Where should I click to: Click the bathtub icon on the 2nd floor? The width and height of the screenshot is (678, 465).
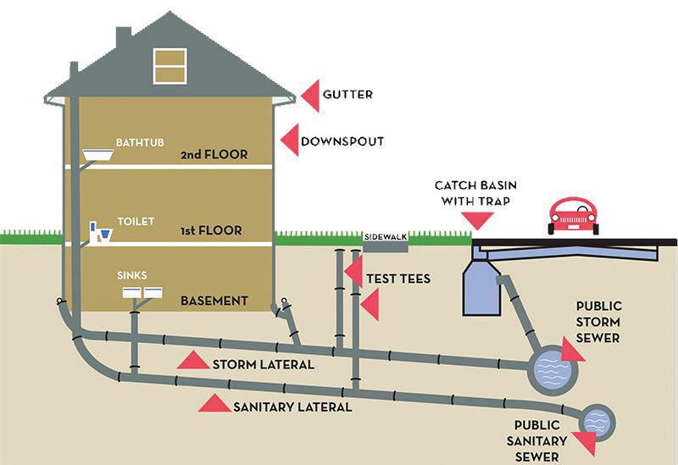[100, 155]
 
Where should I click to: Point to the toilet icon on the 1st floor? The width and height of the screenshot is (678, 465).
[101, 231]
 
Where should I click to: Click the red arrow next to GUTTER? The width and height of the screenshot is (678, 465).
[310, 95]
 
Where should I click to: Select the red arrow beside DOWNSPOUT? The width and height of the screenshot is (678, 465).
[289, 141]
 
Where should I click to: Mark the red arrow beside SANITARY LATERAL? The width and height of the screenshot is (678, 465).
[214, 403]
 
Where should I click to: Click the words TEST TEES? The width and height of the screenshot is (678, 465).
[398, 279]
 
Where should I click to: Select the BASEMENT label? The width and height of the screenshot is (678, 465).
[214, 301]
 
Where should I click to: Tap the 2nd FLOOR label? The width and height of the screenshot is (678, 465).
[214, 155]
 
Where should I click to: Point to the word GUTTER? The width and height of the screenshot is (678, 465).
[348, 95]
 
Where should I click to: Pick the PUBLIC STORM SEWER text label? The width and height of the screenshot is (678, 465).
[598, 322]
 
